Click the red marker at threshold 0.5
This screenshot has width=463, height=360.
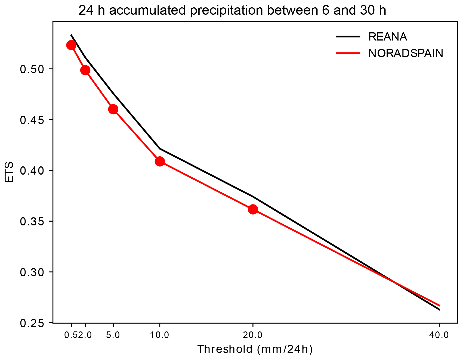[71, 45]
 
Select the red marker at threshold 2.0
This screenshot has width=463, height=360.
[85, 70]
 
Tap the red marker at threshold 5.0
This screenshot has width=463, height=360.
[113, 109]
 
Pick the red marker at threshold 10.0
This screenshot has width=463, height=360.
[160, 162]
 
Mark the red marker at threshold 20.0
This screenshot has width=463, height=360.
[253, 209]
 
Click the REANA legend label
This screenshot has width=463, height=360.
[388, 37]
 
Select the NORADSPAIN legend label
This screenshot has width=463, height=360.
[406, 54]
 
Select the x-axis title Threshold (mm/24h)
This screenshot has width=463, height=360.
[255, 349]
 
